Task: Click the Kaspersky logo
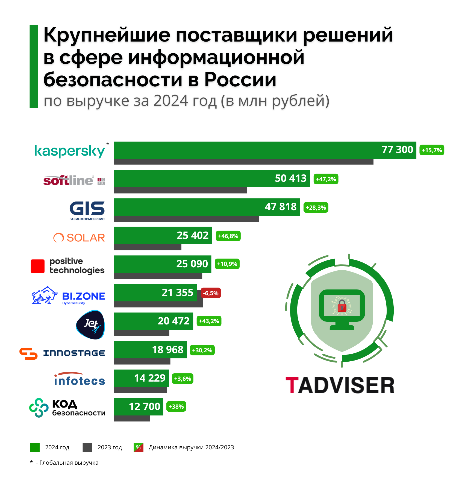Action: coord(70,151)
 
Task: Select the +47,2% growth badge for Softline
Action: coord(326,179)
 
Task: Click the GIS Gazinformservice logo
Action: coord(87,210)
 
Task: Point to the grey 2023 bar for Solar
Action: coord(148,247)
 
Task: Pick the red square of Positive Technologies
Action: coord(38,266)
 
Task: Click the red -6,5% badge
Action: coord(211,293)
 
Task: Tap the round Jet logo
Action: coord(90,325)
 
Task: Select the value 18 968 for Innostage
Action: coord(167,350)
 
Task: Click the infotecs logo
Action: coord(79,379)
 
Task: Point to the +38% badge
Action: coord(176,406)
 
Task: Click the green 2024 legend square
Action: coord(35,447)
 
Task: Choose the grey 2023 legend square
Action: coord(87,447)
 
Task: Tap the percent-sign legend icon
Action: coord(139,447)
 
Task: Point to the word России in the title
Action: coord(240,80)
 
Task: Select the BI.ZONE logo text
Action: coord(83,296)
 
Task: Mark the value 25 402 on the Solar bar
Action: coord(192,235)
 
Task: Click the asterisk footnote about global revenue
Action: coord(64,463)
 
